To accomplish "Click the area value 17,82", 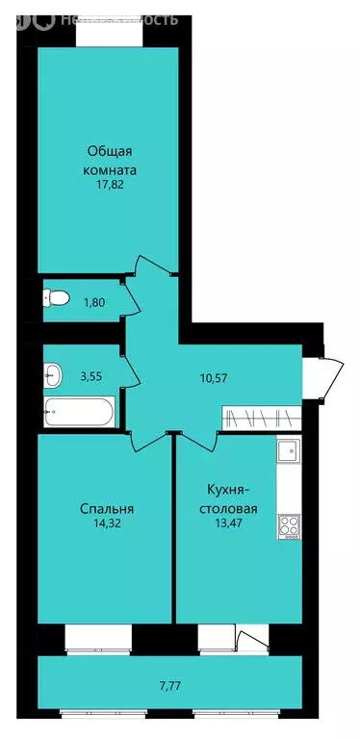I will [108, 190].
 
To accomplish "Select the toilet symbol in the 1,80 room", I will [56, 300].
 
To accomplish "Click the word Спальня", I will [107, 508].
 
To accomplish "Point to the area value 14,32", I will [107, 525].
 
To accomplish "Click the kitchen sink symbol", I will [288, 449].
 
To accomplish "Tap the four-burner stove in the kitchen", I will [288, 524].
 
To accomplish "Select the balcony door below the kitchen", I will [252, 639].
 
